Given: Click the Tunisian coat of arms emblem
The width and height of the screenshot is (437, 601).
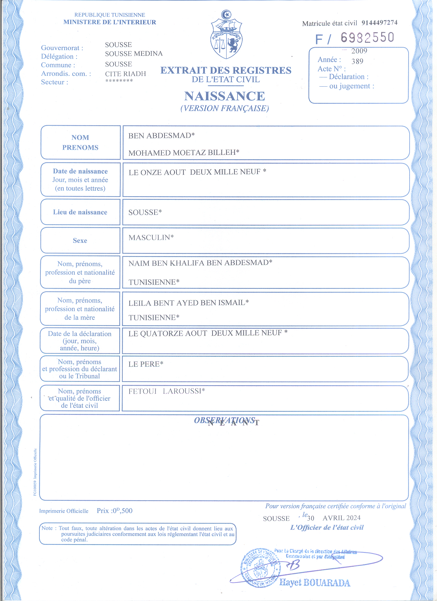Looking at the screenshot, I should tap(226, 35).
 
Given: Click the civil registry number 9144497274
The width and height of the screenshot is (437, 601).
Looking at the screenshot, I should tap(379, 23).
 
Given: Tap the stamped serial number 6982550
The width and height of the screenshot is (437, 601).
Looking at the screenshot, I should tap(367, 38).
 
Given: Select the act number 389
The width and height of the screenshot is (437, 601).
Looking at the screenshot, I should tap(357, 62).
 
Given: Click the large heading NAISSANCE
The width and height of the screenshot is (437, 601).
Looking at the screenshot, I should tap(224, 96).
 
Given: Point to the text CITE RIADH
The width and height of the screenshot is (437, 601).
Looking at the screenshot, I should tap(125, 74).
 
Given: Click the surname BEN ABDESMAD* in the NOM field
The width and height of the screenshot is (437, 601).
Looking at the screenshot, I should tap(161, 136).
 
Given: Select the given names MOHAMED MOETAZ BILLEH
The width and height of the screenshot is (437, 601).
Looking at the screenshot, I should tap(184, 153).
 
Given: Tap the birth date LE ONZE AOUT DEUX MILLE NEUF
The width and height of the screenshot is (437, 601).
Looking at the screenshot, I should tap(197, 172).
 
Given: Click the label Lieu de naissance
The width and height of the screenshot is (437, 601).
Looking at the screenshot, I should tap(80, 212).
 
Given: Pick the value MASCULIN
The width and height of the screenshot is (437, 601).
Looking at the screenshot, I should tap(151, 238).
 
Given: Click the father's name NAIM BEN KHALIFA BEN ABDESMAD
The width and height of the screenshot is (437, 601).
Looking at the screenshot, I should tap(200, 263).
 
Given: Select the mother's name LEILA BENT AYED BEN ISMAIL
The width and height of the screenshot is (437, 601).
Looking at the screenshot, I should tap(189, 303).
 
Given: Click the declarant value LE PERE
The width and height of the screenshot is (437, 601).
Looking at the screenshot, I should tap(146, 364).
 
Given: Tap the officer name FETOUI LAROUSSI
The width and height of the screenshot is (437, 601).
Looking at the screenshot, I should tap(167, 391).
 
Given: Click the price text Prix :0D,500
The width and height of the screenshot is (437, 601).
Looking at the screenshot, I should tap(114, 511).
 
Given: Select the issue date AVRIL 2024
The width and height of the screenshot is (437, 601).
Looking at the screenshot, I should tap(341, 518).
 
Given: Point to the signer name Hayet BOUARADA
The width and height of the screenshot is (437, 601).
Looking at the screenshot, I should tap(315, 583).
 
